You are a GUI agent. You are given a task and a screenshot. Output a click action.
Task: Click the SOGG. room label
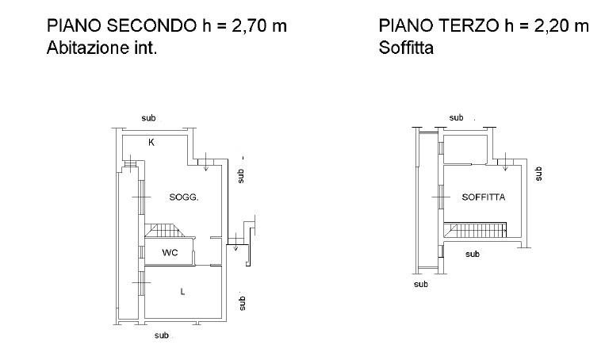[x=184, y=197]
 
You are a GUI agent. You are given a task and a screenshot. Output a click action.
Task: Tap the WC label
[x=170, y=253]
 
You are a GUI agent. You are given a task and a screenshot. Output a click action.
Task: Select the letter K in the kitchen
[x=151, y=143]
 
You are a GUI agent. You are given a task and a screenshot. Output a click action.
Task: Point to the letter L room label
[x=182, y=292]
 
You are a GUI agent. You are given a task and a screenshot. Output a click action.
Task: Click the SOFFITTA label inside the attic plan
[x=484, y=197]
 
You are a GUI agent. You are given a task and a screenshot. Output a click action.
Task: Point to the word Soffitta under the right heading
[x=406, y=48]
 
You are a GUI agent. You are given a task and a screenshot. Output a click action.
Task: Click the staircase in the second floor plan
[x=165, y=231]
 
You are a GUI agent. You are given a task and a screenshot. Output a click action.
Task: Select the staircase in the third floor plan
[x=475, y=230]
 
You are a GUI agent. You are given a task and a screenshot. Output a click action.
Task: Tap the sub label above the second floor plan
[x=148, y=118]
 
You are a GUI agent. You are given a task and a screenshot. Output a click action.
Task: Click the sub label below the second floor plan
[x=162, y=335]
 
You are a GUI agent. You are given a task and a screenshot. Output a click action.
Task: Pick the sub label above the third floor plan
[x=457, y=117]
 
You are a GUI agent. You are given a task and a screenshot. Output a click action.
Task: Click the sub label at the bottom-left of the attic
[x=421, y=285]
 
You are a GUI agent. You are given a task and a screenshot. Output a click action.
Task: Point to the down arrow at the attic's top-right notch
[x=506, y=162]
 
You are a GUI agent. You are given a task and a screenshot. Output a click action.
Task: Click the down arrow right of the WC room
[x=235, y=242]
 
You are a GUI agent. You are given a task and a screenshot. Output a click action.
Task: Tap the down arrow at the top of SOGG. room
[x=205, y=162]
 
